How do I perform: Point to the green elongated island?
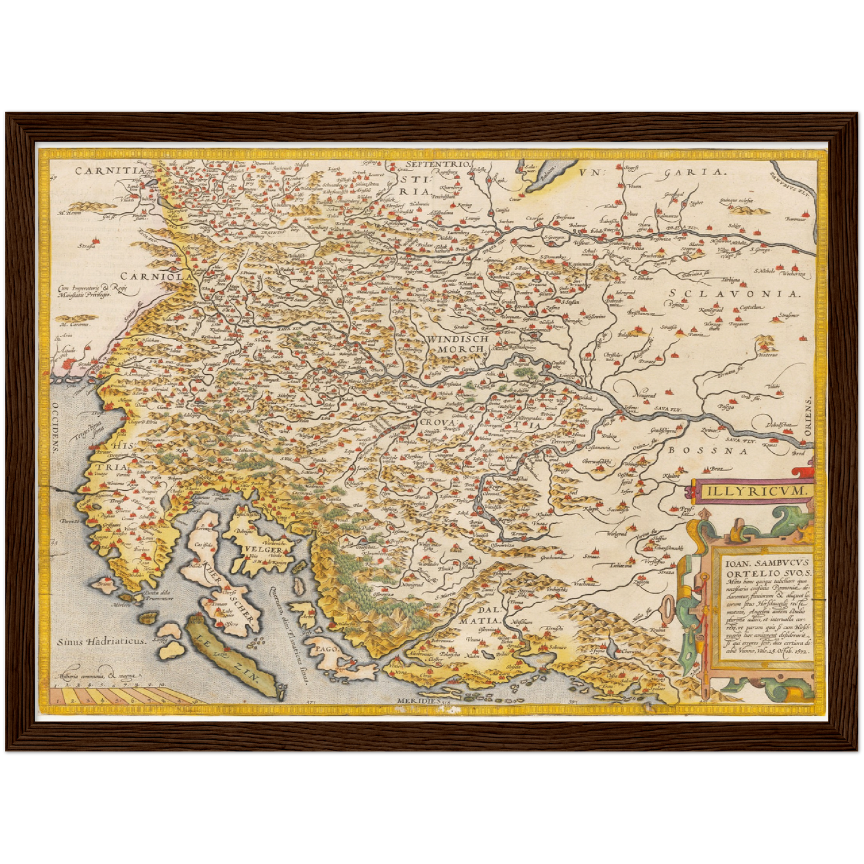click(233, 655)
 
